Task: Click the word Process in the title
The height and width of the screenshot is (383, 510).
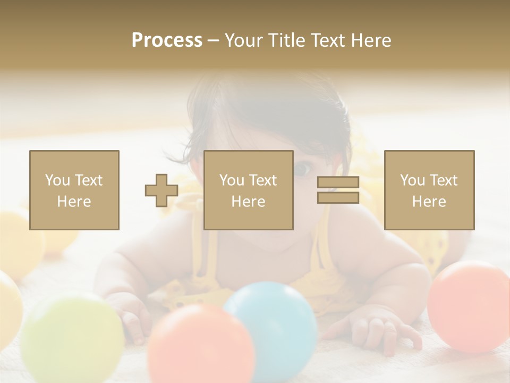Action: [x=167, y=40]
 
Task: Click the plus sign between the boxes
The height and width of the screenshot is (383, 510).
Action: [x=161, y=190]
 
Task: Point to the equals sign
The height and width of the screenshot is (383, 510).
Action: [x=338, y=190]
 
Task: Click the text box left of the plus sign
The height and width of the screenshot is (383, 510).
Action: [x=74, y=190]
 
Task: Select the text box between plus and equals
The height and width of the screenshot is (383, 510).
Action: [x=249, y=190]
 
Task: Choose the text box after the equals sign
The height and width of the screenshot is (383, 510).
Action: [x=429, y=190]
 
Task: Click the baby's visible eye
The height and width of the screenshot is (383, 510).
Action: [x=302, y=169]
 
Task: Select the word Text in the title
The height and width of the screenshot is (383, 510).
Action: [x=329, y=40]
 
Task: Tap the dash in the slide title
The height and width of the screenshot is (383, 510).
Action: [x=213, y=41]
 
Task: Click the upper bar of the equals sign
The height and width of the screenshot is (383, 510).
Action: [x=338, y=182]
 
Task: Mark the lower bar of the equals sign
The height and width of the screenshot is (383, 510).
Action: [x=338, y=197]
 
